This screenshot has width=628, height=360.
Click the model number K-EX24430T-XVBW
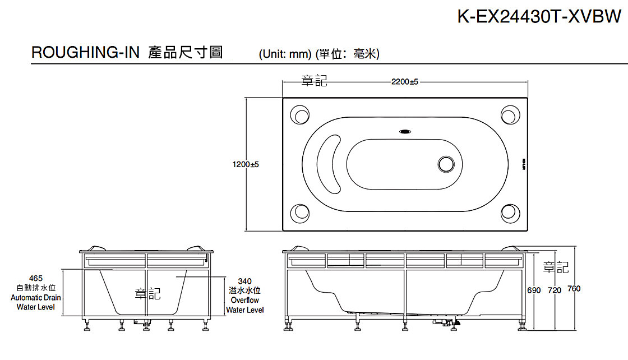[539, 17]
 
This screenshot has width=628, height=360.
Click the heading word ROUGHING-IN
[85, 53]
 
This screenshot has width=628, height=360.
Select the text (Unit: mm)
[285, 54]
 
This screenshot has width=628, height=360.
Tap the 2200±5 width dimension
[405, 82]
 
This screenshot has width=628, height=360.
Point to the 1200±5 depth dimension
[246, 165]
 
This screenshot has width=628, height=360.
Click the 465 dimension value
[36, 278]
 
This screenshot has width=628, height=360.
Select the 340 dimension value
[244, 281]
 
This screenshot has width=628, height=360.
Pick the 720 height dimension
[554, 289]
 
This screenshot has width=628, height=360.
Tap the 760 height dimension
[574, 289]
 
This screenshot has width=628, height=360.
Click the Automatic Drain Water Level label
[36, 302]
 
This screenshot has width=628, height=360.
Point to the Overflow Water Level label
[244, 305]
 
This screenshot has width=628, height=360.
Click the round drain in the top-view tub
[446, 164]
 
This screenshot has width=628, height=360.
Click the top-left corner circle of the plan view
[300, 115]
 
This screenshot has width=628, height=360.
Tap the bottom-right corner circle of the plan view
[510, 213]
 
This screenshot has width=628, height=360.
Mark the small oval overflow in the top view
[405, 132]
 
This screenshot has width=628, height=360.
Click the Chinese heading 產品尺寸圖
[186, 53]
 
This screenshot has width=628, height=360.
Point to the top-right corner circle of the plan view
[510, 115]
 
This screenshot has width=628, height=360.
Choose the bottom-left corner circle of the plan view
[300, 213]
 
